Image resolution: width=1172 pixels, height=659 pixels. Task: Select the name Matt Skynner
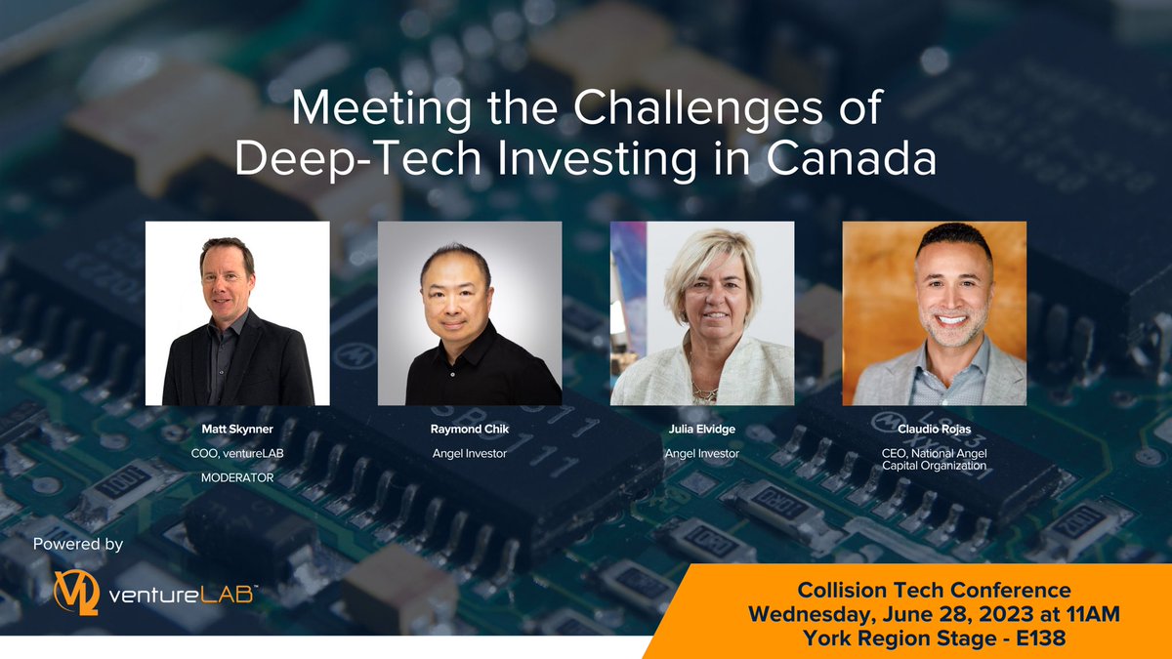[237, 430]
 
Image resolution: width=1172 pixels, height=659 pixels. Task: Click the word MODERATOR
[237, 478]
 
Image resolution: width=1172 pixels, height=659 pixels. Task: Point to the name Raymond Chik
[470, 430]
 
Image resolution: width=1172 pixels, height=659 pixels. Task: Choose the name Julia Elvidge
[702, 430]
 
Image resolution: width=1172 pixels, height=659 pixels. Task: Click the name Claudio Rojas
[935, 430]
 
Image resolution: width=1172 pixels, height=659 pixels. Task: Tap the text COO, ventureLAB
[237, 454]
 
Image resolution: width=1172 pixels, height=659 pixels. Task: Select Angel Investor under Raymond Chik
[470, 454]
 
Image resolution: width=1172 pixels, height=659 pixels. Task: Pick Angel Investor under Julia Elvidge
[702, 454]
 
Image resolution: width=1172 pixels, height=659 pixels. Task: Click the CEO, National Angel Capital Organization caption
[935, 460]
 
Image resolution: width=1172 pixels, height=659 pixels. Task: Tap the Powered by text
[78, 545]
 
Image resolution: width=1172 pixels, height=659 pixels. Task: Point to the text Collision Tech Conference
[935, 591]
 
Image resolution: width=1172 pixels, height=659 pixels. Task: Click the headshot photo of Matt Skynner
[237, 313]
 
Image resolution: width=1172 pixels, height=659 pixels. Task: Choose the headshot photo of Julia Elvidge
[702, 313]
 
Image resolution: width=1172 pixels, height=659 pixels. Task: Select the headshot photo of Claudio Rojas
[935, 313]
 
